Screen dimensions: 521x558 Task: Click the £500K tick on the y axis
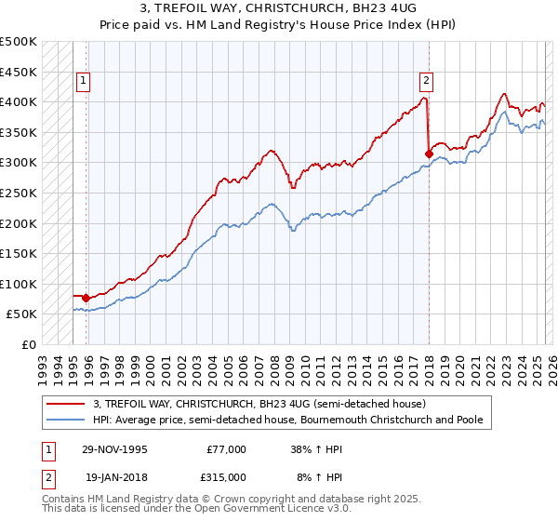tap(18, 42)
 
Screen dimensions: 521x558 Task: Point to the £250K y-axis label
tap(18, 193)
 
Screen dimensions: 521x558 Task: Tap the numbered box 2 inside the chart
tap(426, 79)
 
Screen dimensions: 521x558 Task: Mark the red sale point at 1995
tap(86, 298)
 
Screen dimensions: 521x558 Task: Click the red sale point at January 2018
tap(429, 154)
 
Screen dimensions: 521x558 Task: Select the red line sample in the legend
tap(66, 404)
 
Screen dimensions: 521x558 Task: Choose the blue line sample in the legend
tap(66, 420)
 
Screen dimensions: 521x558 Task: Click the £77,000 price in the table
tap(227, 448)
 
